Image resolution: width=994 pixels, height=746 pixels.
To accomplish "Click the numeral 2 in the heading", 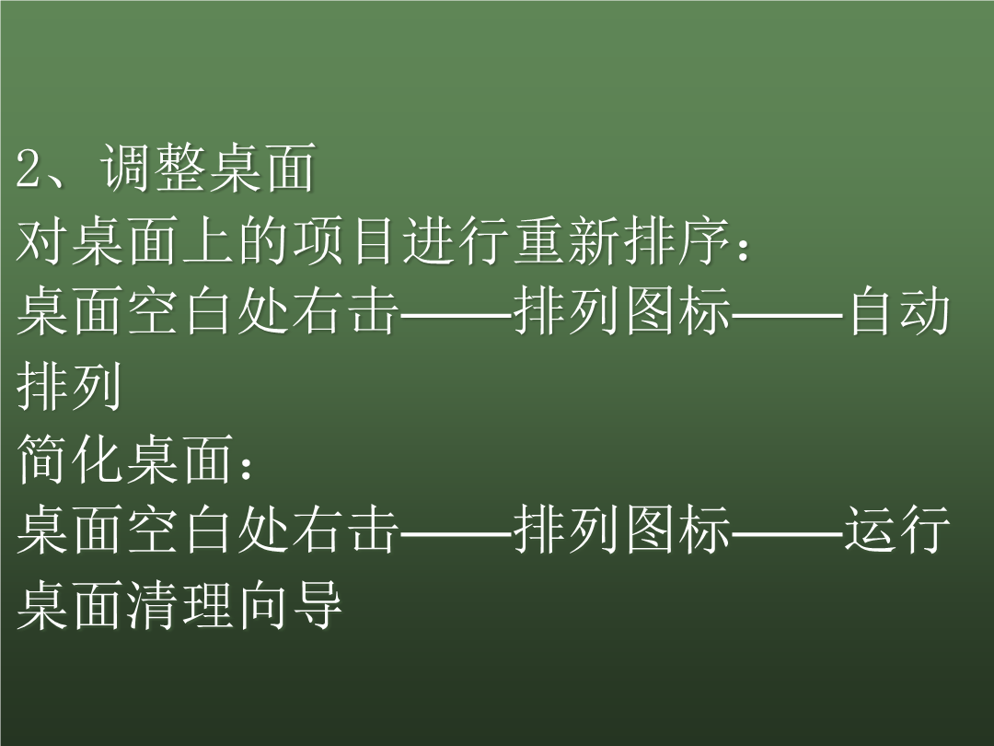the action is [29, 169].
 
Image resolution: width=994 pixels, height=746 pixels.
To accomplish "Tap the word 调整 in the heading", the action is [152, 169].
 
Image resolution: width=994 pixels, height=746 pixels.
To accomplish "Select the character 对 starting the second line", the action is [41, 241].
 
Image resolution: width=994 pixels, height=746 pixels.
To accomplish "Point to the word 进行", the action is [456, 241].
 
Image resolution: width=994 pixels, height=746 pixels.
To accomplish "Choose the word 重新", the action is [566, 241].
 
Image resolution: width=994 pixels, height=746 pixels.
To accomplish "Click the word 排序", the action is [677, 241].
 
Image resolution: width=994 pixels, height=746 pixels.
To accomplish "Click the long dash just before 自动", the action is [787, 314].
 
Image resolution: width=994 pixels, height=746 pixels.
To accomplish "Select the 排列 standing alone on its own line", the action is [69, 386].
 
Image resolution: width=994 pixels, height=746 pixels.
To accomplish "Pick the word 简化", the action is [69, 458].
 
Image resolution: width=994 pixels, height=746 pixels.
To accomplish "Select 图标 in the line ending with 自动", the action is [677, 312].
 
